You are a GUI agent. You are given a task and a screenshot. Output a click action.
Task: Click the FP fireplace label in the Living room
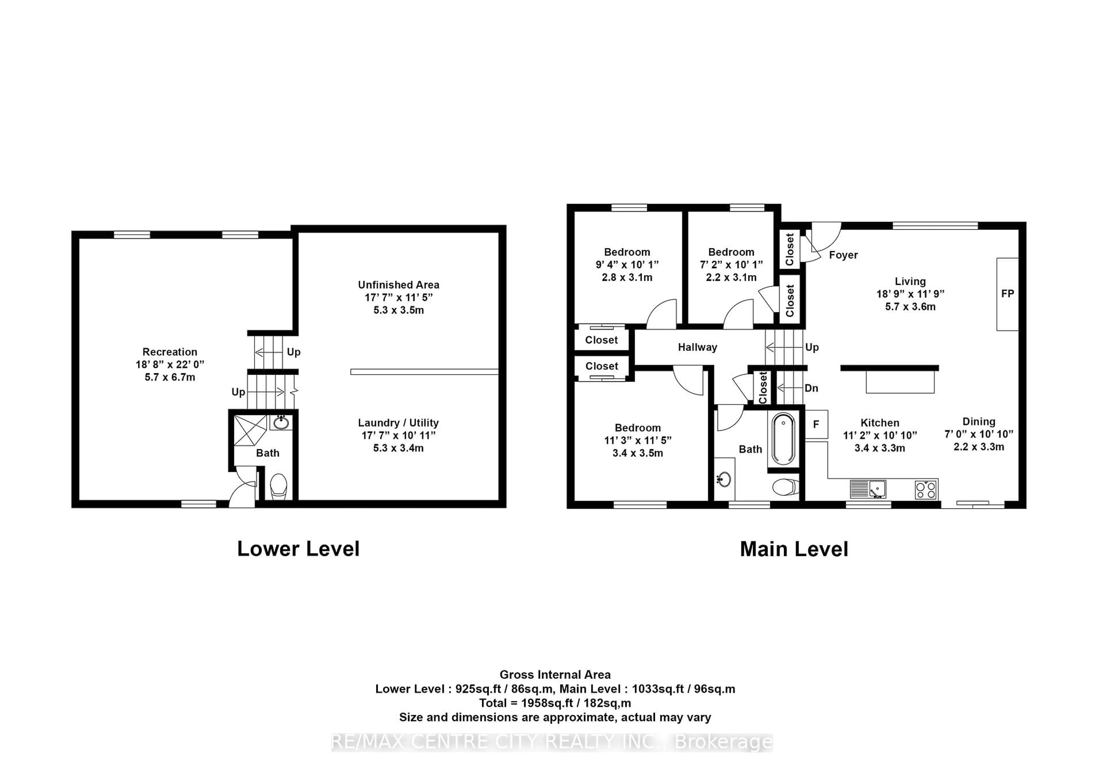point(1007,294)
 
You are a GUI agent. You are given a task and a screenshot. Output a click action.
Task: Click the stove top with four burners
point(926,489)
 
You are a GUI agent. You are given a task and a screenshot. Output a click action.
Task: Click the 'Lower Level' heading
point(298,549)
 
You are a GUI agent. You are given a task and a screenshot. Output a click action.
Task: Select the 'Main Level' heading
point(794,549)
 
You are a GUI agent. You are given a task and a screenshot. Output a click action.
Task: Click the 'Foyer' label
point(844,255)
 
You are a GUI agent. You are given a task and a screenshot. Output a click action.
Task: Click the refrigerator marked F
point(816,424)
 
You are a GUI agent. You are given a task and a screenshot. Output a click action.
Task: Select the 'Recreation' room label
point(170,352)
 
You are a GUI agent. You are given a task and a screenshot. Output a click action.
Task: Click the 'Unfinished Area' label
point(398,285)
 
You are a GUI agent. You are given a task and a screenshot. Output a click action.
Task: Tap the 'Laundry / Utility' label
point(398,423)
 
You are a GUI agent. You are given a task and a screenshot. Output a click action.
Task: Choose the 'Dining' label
point(978,422)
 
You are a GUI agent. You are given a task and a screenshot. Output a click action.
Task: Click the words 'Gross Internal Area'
point(555,675)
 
